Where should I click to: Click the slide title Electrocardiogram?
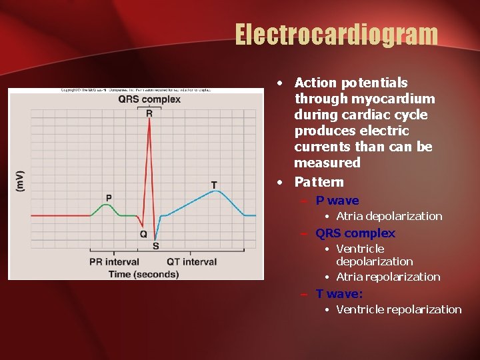pos(336,35)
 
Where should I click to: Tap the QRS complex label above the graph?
pos(149,100)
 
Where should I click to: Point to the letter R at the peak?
pos(149,113)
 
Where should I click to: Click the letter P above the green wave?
pos(109,197)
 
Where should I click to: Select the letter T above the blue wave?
pos(214,184)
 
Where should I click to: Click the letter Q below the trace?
pos(143,234)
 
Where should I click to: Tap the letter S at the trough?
pos(155,246)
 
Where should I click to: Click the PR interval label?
pos(114,262)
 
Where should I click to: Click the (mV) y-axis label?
pos(20,181)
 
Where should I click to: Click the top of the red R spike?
pos(150,120)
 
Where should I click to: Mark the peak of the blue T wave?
pos(215,191)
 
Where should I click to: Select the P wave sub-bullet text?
pos(337,201)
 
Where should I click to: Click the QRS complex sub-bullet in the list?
pos(355,233)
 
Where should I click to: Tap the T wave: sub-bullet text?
pos(339,293)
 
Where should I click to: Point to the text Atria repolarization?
pos(388,277)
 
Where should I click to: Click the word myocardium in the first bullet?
pos(398,99)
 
